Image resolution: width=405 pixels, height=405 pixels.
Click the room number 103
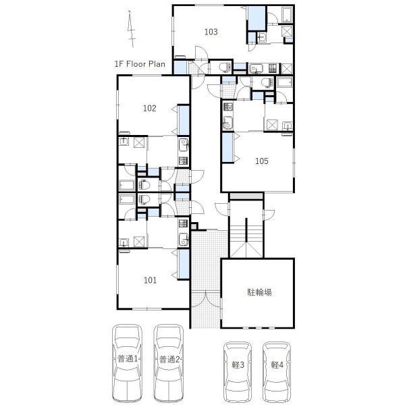211,32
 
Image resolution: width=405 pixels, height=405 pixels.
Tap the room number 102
150,108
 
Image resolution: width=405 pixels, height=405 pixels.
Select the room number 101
150,280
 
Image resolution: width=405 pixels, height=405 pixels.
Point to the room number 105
262,161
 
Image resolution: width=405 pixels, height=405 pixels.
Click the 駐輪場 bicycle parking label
259,292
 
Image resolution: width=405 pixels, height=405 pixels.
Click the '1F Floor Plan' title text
140,64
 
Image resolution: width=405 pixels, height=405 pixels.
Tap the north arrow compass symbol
132,29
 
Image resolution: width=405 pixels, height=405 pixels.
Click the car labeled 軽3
238,371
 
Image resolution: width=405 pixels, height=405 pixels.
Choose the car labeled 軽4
277,371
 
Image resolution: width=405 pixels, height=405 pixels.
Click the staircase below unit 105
246,238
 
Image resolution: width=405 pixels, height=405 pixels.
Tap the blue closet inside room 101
184,264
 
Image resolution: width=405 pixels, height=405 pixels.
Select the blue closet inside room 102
184,120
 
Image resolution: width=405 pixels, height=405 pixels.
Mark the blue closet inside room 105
227,147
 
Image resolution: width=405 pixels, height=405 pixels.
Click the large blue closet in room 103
256,18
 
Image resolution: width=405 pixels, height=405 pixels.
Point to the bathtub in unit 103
287,15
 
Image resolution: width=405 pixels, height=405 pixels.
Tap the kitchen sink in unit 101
184,240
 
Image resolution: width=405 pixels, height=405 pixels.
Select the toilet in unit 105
267,82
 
